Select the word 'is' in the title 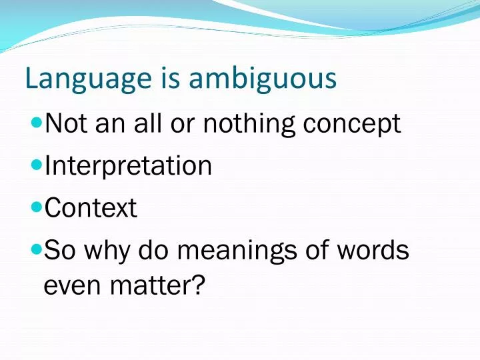click(x=171, y=79)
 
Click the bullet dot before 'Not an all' click(x=37, y=123)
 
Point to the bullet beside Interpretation click(x=37, y=165)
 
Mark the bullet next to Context click(x=37, y=208)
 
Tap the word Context click(x=90, y=209)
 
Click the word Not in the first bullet click(x=64, y=123)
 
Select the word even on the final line click(x=71, y=285)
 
